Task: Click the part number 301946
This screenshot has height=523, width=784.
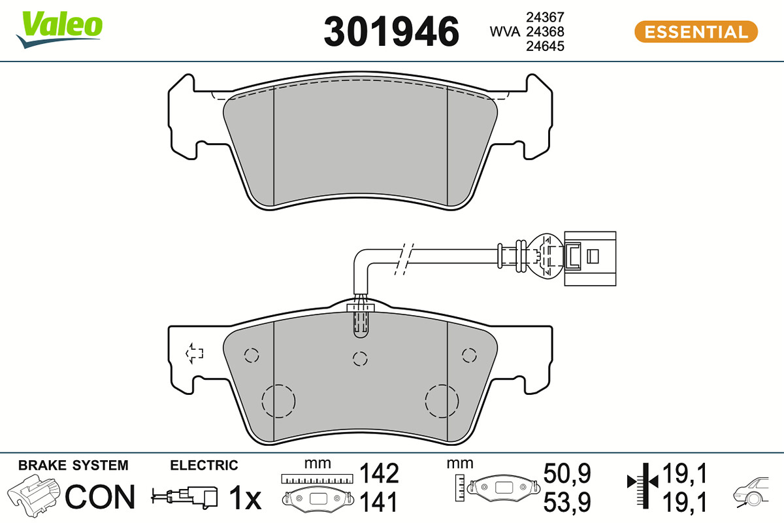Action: [391, 31]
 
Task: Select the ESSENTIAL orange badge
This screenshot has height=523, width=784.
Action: [696, 32]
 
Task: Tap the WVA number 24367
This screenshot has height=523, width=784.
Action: [546, 17]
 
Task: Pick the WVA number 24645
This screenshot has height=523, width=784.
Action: [546, 46]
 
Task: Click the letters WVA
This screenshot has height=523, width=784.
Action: [505, 31]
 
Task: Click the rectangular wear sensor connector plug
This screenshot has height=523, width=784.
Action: [590, 258]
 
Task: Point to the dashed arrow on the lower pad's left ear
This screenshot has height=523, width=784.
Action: [194, 353]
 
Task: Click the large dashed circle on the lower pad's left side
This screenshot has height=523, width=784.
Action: [278, 401]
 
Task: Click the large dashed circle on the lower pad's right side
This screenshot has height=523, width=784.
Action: [442, 401]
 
